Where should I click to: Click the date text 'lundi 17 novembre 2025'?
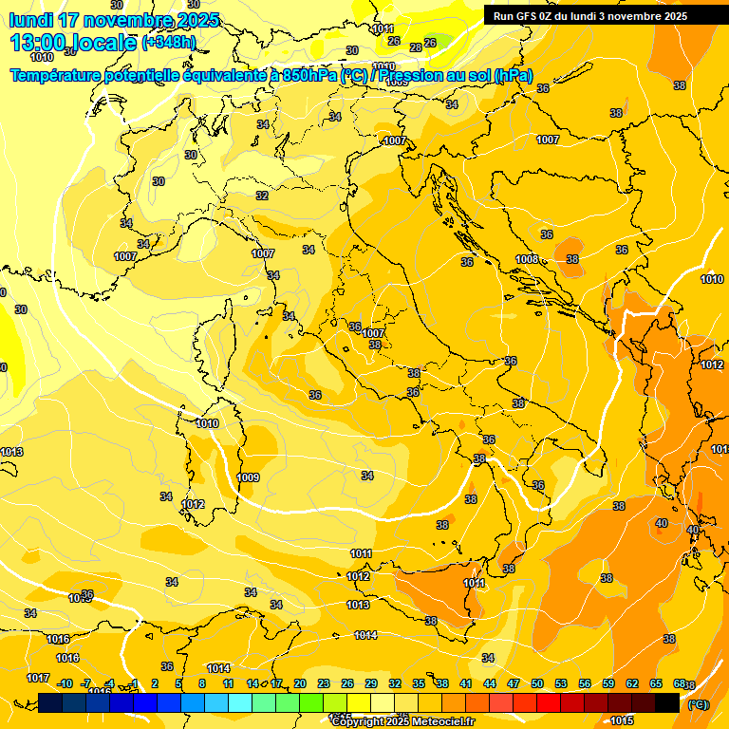click(x=114, y=20)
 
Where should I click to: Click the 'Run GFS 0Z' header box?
click(x=589, y=15)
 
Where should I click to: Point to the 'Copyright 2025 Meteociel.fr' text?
click(x=402, y=721)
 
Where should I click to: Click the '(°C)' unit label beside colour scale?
click(x=698, y=704)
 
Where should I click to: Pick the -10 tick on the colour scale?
click(x=65, y=683)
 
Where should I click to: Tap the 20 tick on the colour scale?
click(x=299, y=683)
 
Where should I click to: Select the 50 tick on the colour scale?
click(x=536, y=683)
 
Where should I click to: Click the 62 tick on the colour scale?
click(x=631, y=683)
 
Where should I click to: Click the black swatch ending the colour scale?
click(x=667, y=703)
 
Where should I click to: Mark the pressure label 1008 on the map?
click(x=528, y=259)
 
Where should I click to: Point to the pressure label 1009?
click(x=248, y=477)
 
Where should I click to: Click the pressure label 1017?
click(x=37, y=678)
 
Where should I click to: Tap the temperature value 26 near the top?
click(x=430, y=43)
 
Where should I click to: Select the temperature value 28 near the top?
click(x=415, y=47)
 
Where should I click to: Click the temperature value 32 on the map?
click(x=261, y=196)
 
